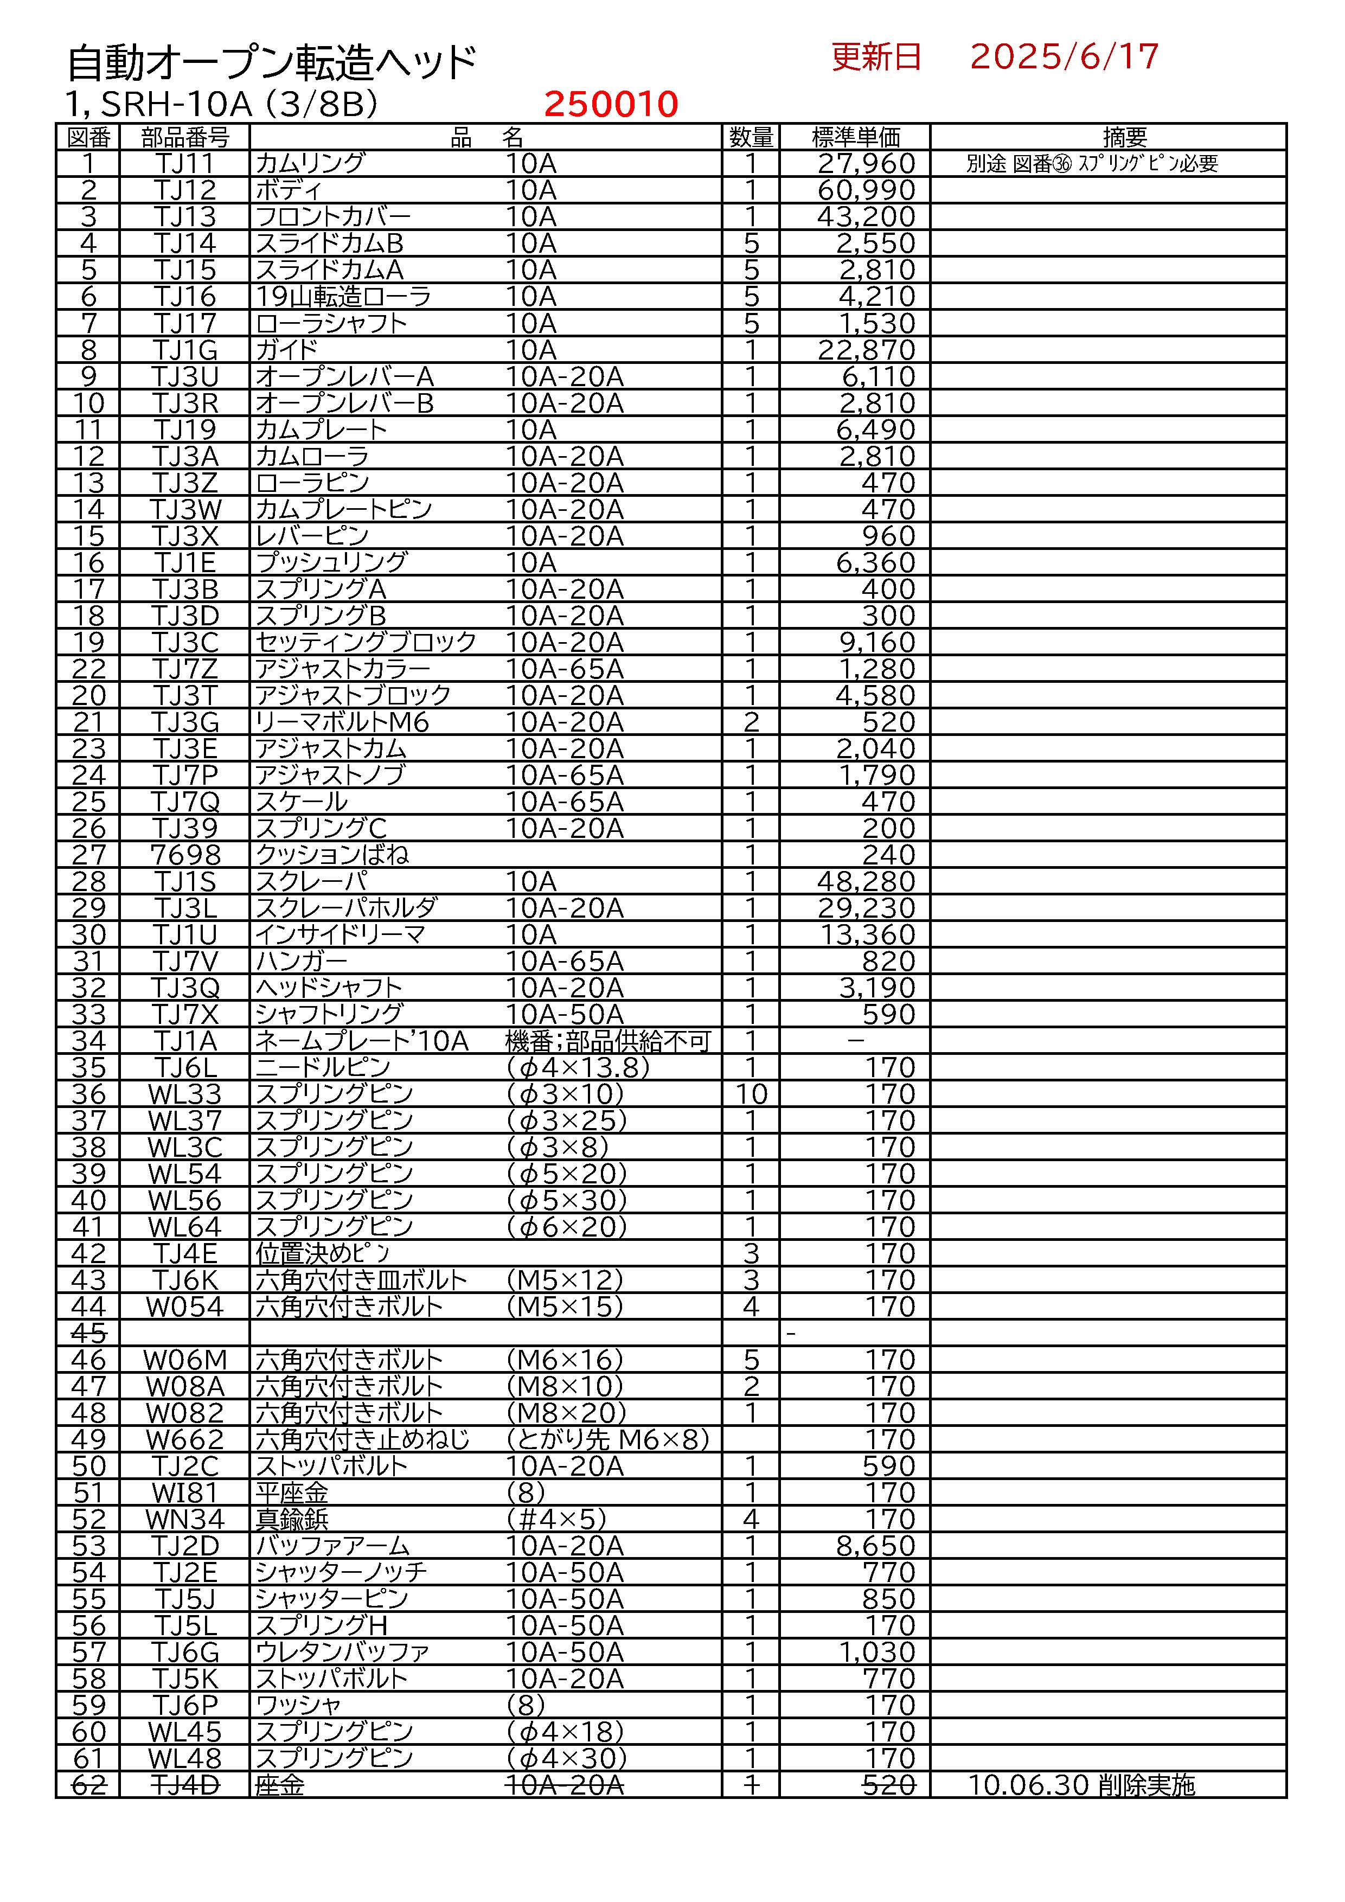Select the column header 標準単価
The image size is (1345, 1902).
855,137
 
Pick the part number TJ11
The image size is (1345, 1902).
185,163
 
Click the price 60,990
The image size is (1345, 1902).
866,190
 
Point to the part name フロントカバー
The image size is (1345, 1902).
333,216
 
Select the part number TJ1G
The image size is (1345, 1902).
185,350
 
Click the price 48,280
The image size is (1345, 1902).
866,881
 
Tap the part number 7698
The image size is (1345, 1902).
185,854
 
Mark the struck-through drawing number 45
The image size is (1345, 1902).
88,1333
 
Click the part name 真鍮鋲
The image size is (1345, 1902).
292,1519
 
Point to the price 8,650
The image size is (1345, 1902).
875,1545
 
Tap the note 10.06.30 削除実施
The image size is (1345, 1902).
1081,1784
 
